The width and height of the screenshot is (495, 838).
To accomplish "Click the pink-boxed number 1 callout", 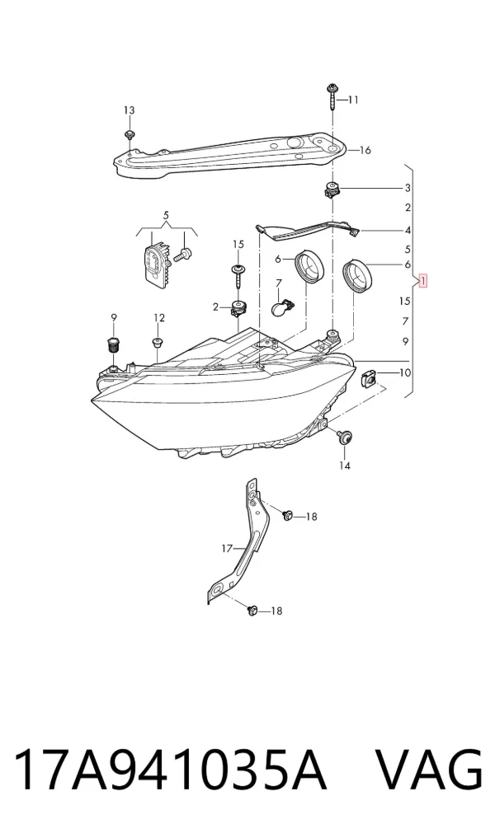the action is (422, 281).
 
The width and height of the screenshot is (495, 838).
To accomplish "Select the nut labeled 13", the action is (129, 133).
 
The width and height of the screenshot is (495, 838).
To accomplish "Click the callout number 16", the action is (365, 150).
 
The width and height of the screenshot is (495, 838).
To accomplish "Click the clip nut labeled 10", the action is (369, 378).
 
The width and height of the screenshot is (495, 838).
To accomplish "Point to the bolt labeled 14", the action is (342, 436).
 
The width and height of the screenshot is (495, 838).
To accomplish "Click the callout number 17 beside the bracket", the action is (227, 548).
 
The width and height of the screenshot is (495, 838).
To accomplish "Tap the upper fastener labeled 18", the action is (288, 515).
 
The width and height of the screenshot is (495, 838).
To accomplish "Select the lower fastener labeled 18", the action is (252, 610).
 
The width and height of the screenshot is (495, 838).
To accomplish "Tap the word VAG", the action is (429, 770).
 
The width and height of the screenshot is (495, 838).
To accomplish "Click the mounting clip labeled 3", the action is (332, 189).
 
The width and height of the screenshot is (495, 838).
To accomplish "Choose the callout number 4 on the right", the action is (408, 231).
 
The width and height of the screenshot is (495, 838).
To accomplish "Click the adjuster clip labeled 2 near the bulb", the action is (238, 308).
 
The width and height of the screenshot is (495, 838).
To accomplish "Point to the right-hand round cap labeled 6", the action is (357, 275).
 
